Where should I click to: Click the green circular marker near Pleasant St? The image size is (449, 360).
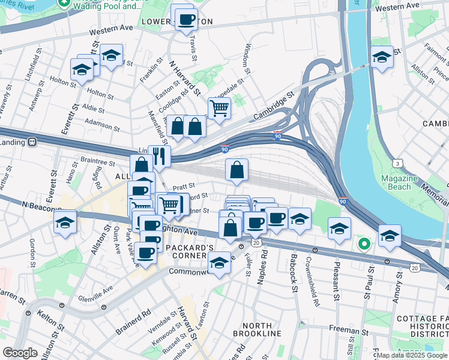point(363,244)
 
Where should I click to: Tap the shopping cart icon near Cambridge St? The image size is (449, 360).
point(220,109)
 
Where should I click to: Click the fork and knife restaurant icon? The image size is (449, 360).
point(159,157)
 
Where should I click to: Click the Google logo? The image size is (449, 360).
point(20,353)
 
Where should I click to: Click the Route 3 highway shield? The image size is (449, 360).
point(397,163)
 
